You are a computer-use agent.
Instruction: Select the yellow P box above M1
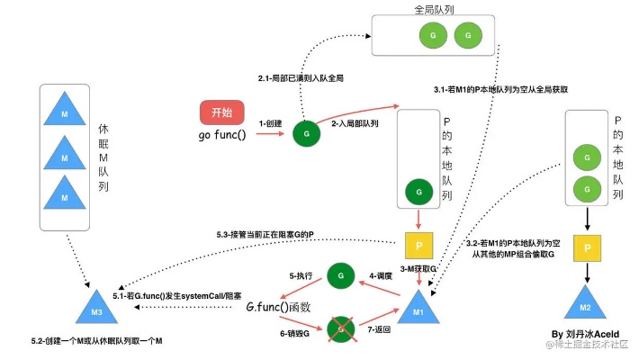(x=418, y=247)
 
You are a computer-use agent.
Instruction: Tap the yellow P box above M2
(x=587, y=247)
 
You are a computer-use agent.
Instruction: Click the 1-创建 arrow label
(x=271, y=123)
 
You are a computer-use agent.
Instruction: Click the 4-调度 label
(x=382, y=274)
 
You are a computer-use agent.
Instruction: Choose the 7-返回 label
(x=382, y=332)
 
